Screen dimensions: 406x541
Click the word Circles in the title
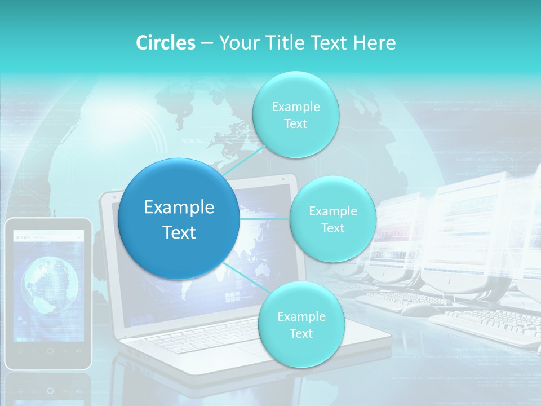click(x=166, y=43)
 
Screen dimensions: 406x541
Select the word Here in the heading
click(x=375, y=43)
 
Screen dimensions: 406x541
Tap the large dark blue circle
click(x=179, y=219)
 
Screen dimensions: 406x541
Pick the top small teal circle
click(x=295, y=114)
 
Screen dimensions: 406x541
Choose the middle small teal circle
click(x=332, y=219)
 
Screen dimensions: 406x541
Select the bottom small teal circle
click(x=301, y=324)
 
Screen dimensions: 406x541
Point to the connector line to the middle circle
click(x=265, y=219)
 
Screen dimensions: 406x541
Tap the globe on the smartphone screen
click(x=50, y=285)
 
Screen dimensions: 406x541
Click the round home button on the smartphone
click(x=50, y=351)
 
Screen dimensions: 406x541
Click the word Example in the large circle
click(x=179, y=208)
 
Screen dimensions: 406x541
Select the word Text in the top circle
click(x=295, y=124)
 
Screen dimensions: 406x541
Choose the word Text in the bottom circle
click(x=301, y=334)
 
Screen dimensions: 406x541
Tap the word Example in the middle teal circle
click(x=332, y=211)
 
